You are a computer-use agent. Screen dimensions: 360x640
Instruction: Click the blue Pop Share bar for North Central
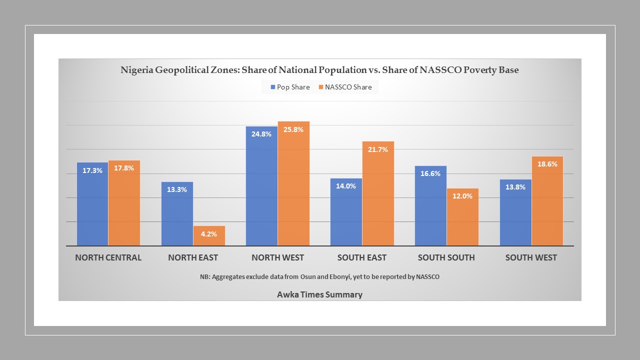tap(92, 205)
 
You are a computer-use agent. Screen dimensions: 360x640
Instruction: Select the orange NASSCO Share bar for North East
tap(209, 236)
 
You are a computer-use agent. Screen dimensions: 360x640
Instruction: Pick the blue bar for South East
tap(346, 212)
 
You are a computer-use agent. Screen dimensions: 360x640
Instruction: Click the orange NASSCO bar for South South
tap(462, 217)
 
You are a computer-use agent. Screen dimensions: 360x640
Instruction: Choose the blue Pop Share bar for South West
tap(515, 212)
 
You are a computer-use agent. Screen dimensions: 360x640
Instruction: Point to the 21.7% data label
tap(378, 149)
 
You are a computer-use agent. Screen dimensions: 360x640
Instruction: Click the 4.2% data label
tap(209, 234)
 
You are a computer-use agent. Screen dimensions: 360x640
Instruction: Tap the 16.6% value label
tap(430, 173)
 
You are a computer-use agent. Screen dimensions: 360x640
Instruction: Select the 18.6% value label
tap(547, 164)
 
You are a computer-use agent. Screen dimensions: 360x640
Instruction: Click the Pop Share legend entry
tap(290, 87)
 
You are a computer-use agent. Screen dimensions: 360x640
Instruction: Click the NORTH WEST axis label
tap(277, 258)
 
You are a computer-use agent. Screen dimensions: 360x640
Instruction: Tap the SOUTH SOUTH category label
tap(446, 258)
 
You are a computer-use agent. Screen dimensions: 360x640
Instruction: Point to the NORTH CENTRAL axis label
tap(108, 258)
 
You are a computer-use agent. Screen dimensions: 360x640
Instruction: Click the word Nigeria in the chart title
tap(136, 70)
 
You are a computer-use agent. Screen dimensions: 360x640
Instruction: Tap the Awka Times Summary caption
tap(319, 294)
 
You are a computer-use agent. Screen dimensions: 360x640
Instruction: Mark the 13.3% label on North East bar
tap(177, 189)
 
